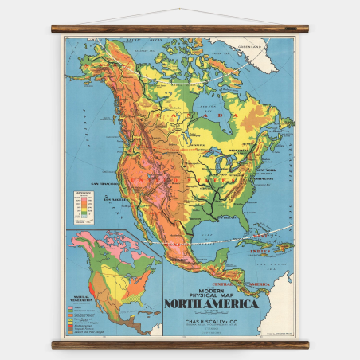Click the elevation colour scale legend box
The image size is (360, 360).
point(82,205)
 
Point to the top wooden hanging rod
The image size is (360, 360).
point(179,28)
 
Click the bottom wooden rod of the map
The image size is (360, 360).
point(179,344)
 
